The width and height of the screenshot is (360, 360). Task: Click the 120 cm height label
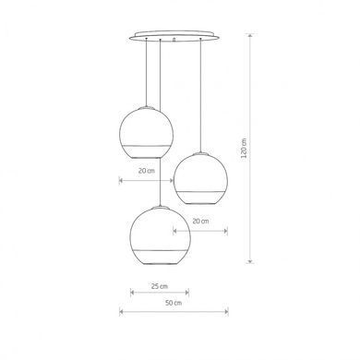point(244,148)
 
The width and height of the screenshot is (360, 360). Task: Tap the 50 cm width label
point(174,303)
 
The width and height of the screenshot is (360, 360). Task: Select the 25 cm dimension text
point(160,286)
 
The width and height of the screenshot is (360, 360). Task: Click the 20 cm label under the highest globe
point(147,171)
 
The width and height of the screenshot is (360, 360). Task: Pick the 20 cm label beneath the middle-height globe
point(200,221)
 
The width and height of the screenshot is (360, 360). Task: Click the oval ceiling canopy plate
point(174,36)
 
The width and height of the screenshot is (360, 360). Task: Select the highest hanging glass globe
point(146,133)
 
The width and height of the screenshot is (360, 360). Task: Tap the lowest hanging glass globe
point(160,236)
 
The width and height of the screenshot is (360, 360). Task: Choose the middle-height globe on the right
point(200,178)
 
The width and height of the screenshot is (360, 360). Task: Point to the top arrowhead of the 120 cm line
point(250,35)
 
